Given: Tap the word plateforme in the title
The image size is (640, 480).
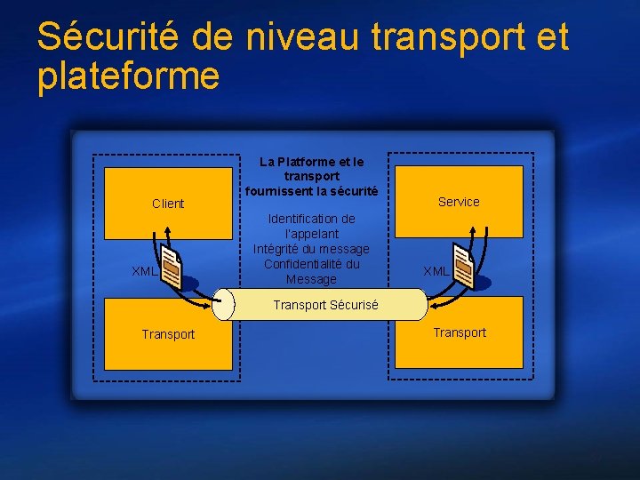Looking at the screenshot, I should tap(128, 77).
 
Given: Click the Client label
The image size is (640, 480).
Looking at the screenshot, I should tap(168, 204).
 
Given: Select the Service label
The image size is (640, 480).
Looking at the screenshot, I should tap(459, 202).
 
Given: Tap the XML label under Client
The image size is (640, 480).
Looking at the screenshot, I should tap(144, 271).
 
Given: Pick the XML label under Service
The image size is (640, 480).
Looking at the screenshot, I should tap(436, 271).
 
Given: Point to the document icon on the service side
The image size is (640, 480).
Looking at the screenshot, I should tap(463, 268).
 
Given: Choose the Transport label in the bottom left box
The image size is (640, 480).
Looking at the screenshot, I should tap(168, 334).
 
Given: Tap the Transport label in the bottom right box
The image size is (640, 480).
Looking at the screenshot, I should tap(460, 332).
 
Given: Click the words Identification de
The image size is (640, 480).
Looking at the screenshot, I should tap(311, 219).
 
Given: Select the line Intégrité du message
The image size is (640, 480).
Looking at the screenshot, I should tap(311, 249).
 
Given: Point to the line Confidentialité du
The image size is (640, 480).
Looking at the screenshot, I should tap(311, 264).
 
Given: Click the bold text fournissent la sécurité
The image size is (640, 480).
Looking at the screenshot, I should tap(311, 191).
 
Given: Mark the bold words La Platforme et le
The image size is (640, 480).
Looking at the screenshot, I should tap(311, 162).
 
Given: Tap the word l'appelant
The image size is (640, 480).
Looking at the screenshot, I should tap(311, 234).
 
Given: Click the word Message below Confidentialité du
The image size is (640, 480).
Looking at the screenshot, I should tap(311, 279).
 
